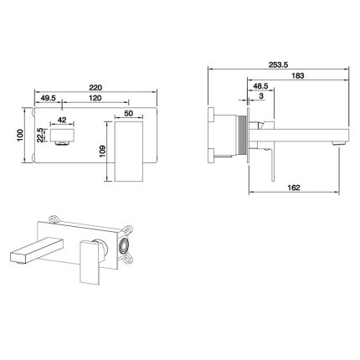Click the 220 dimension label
click(95, 87)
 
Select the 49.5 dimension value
click(49, 98)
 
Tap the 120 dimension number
click(95, 98)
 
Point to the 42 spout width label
click(62, 120)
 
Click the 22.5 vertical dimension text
click(40, 135)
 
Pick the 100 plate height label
click(20, 135)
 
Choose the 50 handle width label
click(129, 113)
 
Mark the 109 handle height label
click(102, 152)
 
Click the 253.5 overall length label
click(278, 64)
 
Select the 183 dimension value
click(298, 75)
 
